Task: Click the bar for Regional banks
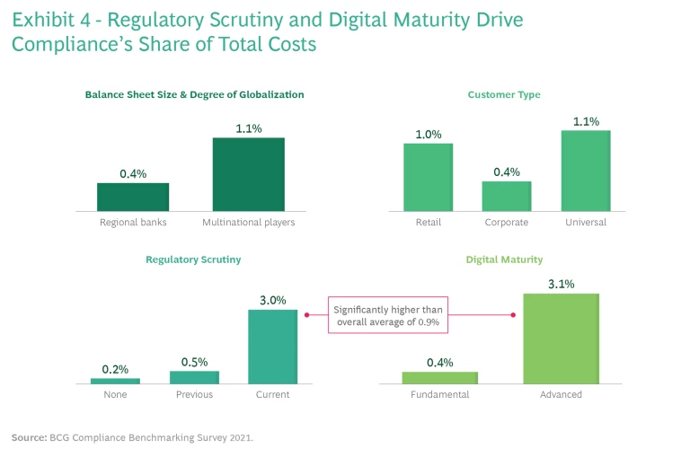[x=133, y=197]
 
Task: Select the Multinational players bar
[x=248, y=174]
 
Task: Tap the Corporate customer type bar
[x=507, y=196]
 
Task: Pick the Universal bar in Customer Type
[x=586, y=171]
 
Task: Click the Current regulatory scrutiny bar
[x=272, y=347]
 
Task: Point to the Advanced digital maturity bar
[x=561, y=338]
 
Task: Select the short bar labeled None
[x=115, y=381]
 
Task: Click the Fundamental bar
[x=440, y=377]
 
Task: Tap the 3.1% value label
[x=561, y=284]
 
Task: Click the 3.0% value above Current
[x=272, y=300]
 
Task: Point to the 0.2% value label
[x=115, y=368]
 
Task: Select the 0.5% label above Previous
[x=194, y=361]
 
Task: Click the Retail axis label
[x=429, y=222]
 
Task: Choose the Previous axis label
[x=194, y=394]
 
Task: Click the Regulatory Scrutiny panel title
[x=193, y=259]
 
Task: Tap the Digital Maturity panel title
[x=504, y=259]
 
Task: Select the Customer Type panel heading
[x=504, y=94]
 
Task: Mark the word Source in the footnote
[x=30, y=438]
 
